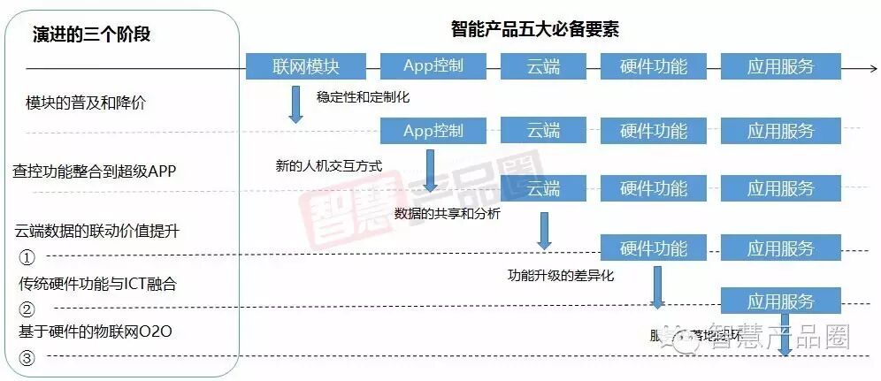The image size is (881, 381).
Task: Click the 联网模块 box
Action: tap(306, 66)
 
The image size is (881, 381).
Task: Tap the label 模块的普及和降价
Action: tap(86, 103)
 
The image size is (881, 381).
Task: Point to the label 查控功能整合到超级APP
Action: tap(95, 170)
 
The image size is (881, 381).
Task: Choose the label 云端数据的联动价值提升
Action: tap(97, 231)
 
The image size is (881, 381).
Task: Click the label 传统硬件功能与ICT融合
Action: tap(97, 284)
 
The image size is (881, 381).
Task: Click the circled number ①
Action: tap(27, 257)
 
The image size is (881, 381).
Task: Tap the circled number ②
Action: tap(27, 309)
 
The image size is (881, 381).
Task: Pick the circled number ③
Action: tap(27, 358)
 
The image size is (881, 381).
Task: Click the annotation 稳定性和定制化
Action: tap(363, 95)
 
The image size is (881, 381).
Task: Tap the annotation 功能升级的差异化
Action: tap(560, 275)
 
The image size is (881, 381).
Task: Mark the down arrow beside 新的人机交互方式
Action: tap(430, 170)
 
